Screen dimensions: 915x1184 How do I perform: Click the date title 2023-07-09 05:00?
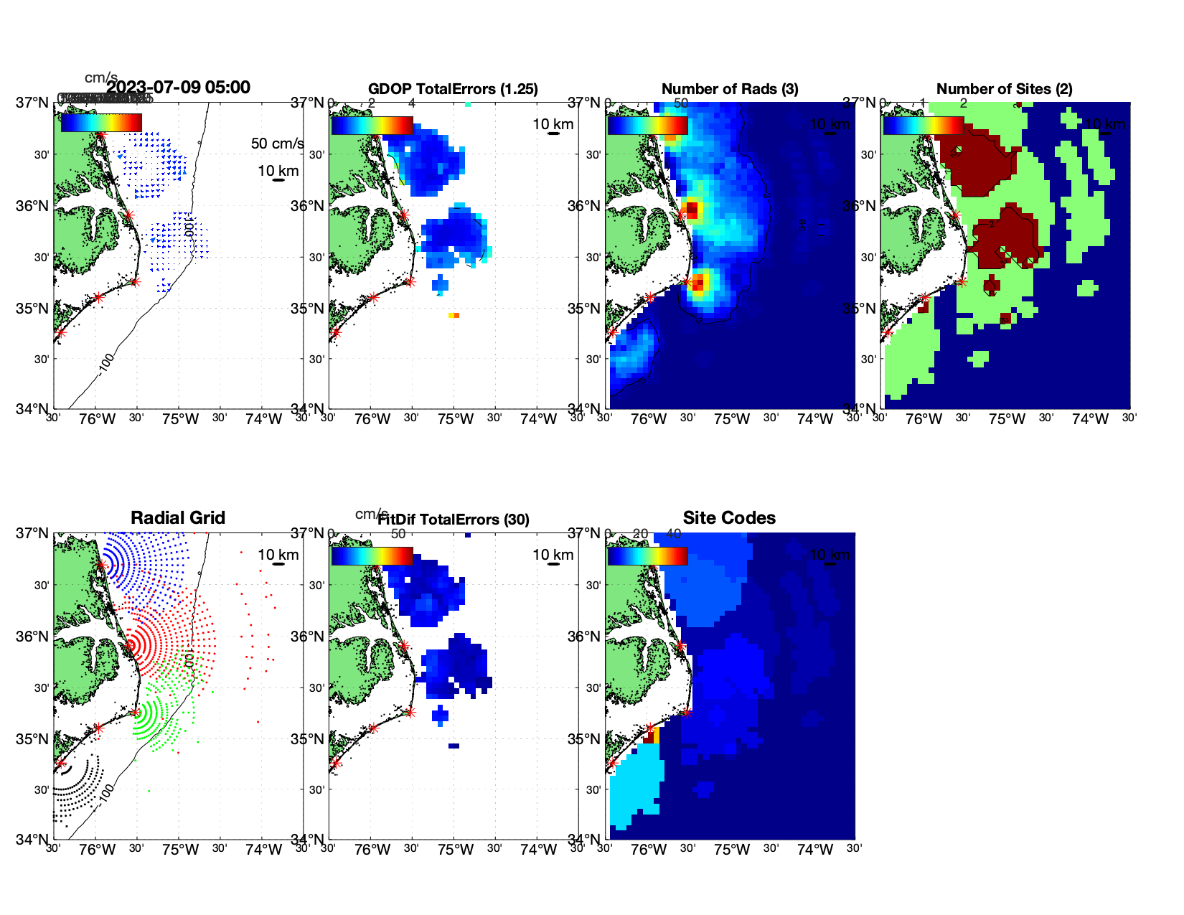pyautogui.click(x=179, y=88)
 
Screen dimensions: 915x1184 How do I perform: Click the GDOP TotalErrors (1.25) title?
pyautogui.click(x=453, y=89)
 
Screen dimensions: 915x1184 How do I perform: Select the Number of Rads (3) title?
pyautogui.click(x=729, y=89)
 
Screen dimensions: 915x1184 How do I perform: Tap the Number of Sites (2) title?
pyautogui.click(x=1004, y=89)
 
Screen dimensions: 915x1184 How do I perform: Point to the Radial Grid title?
pyautogui.click(x=178, y=518)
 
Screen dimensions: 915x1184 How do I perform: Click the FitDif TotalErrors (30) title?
pyautogui.click(x=454, y=520)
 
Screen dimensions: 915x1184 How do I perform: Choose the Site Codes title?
pyautogui.click(x=729, y=518)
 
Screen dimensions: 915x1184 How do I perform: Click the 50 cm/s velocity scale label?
pyautogui.click(x=277, y=144)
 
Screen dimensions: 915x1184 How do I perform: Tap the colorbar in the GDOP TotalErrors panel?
pyautogui.click(x=372, y=126)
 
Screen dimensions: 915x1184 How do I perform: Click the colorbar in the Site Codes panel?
pyautogui.click(x=647, y=556)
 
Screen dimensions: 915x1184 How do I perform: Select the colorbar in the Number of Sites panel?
pyautogui.click(x=923, y=126)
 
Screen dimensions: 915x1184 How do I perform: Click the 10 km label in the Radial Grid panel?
pyautogui.click(x=278, y=555)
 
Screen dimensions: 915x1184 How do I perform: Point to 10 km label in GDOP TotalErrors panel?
pyautogui.click(x=553, y=124)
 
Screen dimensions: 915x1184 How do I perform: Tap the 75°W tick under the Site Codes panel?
pyautogui.click(x=731, y=850)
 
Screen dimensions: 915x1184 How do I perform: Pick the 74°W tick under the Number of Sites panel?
pyautogui.click(x=1090, y=419)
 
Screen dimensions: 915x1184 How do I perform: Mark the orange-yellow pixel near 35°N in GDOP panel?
pyautogui.click(x=454, y=315)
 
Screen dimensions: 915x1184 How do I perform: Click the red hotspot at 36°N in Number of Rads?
pyautogui.click(x=691, y=210)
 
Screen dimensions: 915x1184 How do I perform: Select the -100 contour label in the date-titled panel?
pyautogui.click(x=106, y=363)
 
